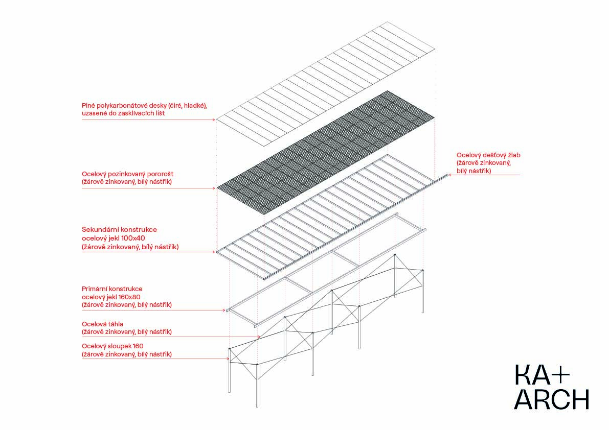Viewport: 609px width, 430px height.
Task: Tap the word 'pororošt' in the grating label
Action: click(160, 174)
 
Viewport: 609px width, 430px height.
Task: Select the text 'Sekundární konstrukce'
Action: click(119, 229)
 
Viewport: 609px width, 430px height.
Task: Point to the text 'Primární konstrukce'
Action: click(112, 289)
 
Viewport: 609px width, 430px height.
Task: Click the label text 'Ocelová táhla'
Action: click(103, 324)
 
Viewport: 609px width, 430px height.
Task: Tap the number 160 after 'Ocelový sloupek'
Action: click(138, 346)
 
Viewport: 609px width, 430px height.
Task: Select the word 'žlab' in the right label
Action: click(513, 155)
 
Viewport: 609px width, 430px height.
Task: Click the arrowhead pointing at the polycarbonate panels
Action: click(214, 120)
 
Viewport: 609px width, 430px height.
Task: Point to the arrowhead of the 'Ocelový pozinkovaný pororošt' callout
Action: click(214, 188)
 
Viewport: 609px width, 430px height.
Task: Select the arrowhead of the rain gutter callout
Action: click(450, 175)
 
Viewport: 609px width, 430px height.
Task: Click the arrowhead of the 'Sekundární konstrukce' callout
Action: click(214, 252)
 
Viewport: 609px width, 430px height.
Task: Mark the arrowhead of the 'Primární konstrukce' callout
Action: click(224, 310)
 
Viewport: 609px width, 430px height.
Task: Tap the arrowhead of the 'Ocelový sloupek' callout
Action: click(228, 359)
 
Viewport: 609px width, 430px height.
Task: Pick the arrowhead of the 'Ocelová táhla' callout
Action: click(259, 337)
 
